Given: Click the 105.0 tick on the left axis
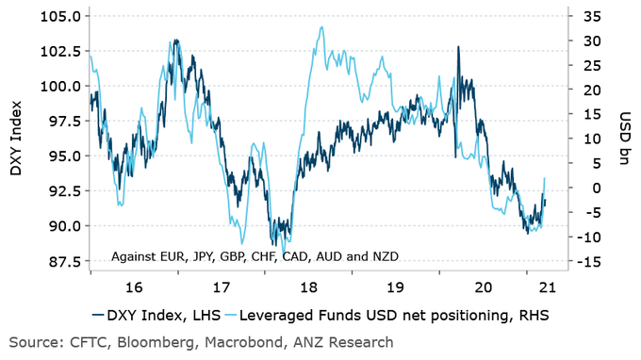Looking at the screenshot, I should (x=59, y=16).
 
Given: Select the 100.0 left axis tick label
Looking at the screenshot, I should (x=59, y=86).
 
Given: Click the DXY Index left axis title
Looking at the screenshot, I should (x=16, y=141).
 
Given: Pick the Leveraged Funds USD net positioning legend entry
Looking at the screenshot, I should (x=397, y=315).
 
